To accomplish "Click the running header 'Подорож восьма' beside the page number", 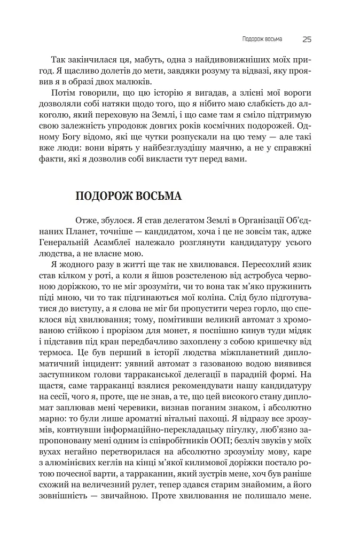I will point(262,39).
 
